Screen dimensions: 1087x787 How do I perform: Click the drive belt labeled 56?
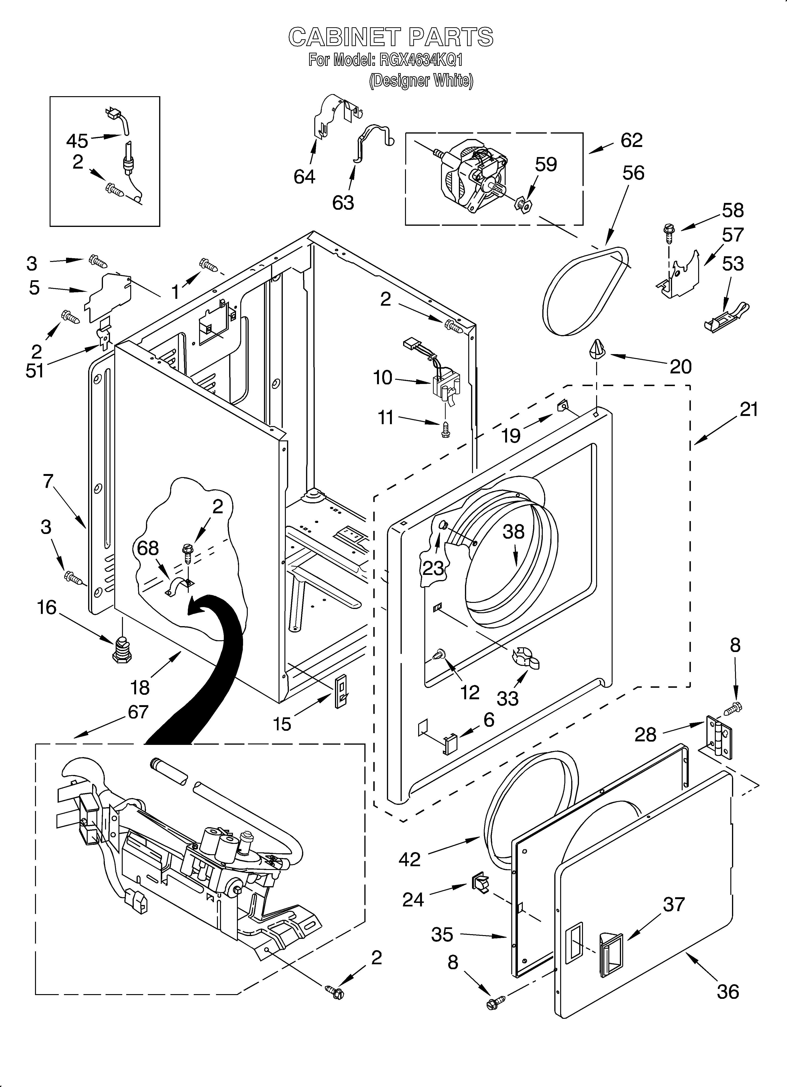click(x=586, y=291)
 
